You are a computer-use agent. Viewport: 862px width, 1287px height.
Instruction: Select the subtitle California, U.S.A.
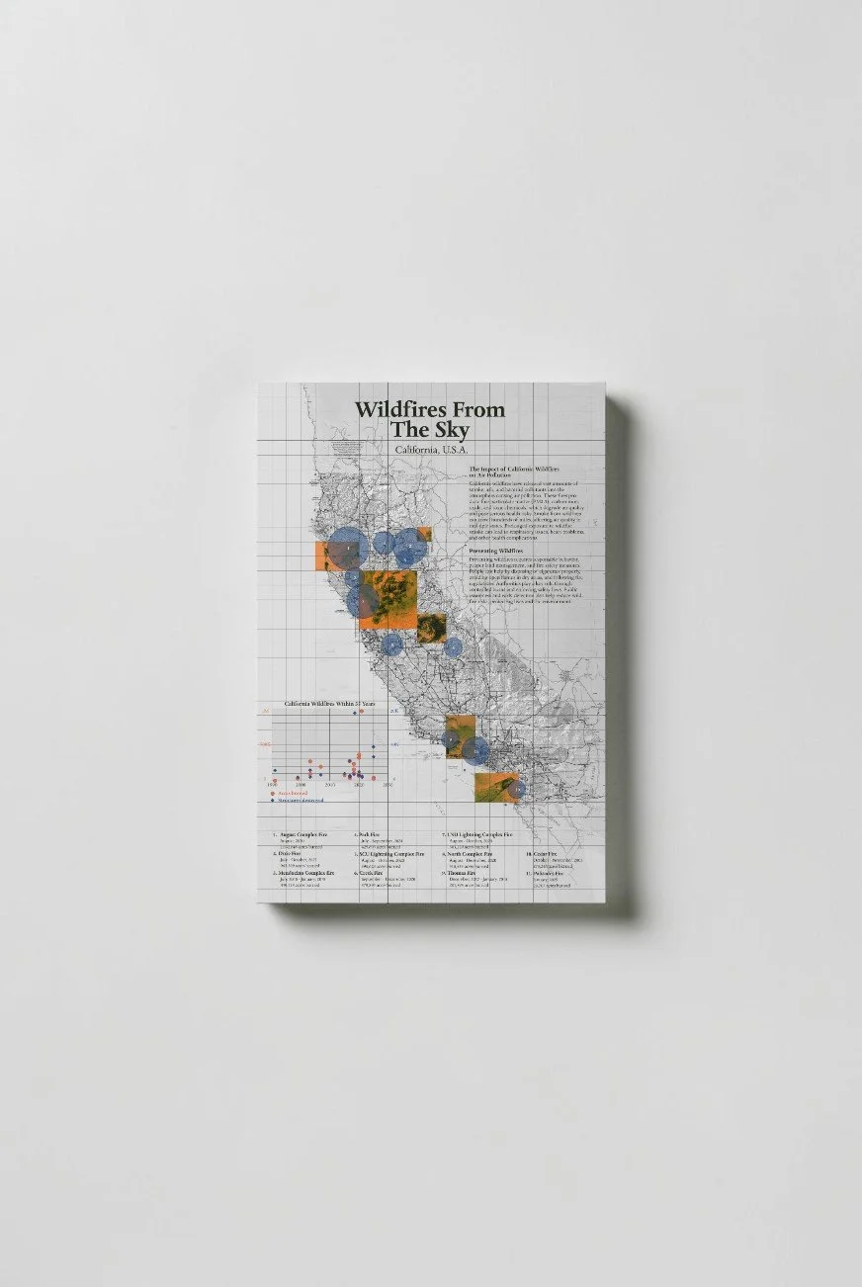(430, 451)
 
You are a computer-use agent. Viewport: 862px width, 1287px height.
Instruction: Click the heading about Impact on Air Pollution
(514, 471)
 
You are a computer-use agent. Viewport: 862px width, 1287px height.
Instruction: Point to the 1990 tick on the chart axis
(274, 785)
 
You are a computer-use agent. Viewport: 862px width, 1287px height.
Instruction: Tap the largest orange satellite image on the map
(388, 599)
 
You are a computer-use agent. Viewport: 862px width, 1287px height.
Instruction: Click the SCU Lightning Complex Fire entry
(392, 854)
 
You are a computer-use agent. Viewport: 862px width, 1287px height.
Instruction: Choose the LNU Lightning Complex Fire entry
(480, 835)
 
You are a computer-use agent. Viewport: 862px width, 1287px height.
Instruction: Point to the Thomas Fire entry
(465, 874)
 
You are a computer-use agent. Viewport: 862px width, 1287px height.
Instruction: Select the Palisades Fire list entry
(548, 874)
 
